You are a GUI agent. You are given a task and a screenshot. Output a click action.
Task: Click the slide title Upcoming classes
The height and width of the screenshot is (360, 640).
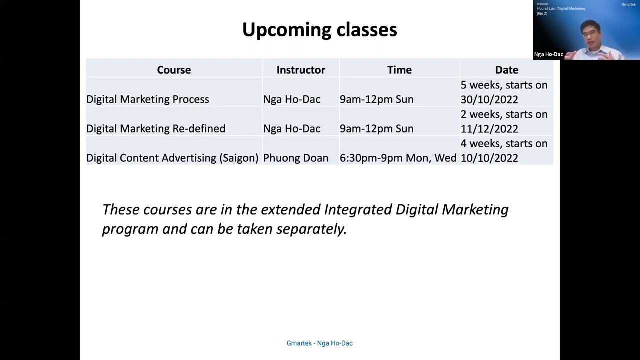point(319,30)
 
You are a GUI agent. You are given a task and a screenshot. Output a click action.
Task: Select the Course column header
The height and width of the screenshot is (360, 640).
point(174,70)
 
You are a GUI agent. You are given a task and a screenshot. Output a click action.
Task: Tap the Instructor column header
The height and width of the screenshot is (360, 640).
point(301,70)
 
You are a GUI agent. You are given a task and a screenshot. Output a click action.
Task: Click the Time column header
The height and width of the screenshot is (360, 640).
point(399,70)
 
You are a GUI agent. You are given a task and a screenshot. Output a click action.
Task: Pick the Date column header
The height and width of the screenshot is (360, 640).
point(506,70)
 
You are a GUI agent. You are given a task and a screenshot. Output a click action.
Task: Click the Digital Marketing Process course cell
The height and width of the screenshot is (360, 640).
point(148,99)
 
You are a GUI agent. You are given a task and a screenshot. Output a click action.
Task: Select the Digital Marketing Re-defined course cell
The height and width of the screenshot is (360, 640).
point(156,129)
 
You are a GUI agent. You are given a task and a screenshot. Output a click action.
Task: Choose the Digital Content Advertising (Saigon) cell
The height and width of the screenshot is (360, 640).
point(172,158)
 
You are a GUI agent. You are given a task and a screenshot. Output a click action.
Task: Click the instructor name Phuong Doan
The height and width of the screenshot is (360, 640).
point(296,158)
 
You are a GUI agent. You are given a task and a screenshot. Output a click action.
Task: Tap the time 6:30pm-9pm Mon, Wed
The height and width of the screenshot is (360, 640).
point(398,158)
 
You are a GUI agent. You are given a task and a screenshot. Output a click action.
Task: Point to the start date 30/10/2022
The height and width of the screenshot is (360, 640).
point(489,99)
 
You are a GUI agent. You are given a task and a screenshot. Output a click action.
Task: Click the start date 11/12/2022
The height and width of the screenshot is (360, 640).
point(489,129)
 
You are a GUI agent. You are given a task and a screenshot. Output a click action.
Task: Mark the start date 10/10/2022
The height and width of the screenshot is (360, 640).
point(489,158)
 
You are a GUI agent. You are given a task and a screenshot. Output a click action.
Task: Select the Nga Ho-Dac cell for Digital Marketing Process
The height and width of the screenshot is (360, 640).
point(292,99)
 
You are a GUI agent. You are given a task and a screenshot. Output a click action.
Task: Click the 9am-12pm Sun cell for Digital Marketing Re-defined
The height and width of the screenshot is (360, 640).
point(376,129)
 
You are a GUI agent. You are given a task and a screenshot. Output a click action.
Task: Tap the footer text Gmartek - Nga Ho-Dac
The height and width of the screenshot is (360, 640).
point(319,343)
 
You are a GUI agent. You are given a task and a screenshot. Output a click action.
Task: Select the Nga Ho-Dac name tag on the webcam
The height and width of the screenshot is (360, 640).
point(548,54)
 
